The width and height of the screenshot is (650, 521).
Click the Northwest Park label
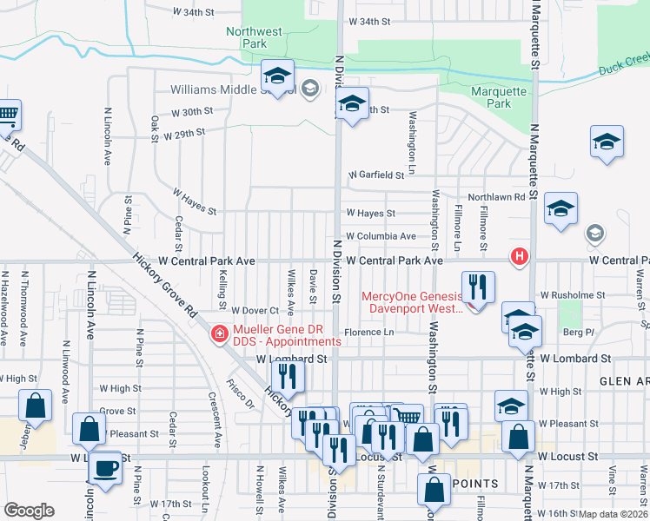pos(255,36)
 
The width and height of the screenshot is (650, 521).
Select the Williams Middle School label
pos(221,89)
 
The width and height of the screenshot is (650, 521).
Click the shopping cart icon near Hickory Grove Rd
pos(7,115)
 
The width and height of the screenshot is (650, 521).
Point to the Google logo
pos(29,511)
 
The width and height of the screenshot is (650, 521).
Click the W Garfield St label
pos(377,175)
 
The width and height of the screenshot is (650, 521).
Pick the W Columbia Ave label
pos(381,236)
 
